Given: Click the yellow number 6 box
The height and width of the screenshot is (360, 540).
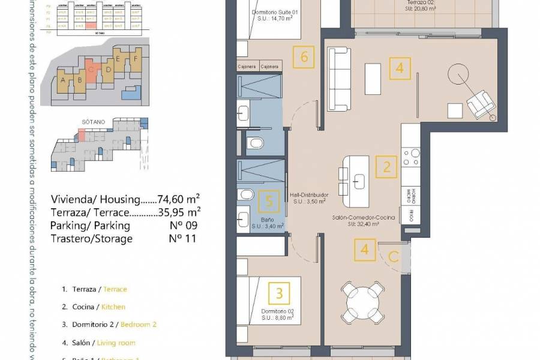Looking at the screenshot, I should (x=304, y=58).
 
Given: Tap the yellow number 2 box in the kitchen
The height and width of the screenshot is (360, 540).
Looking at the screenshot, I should (x=386, y=167).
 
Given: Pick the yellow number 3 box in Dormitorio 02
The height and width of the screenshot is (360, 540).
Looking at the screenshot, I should (x=279, y=293).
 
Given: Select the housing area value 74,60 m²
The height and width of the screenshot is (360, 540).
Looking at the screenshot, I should (x=178, y=199).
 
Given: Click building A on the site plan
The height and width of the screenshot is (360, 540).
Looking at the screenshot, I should (x=63, y=80).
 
